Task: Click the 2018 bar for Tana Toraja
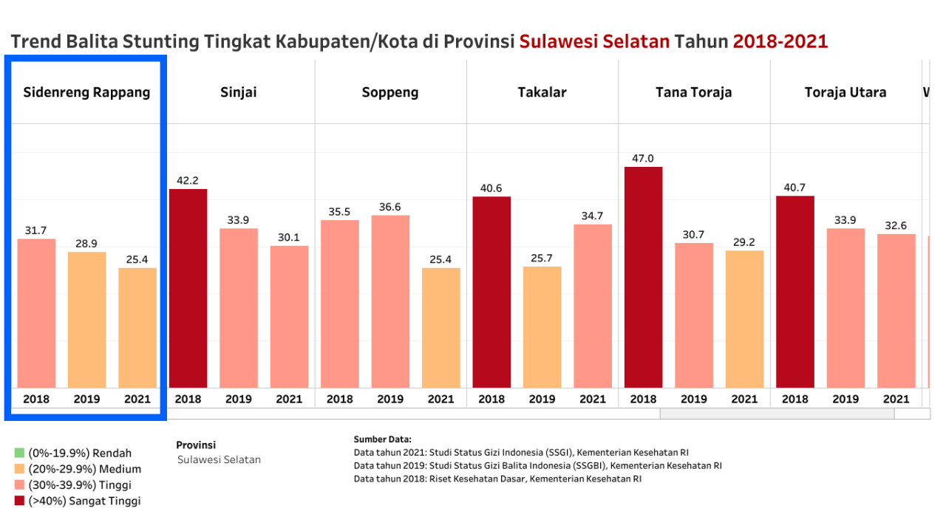(x=643, y=277)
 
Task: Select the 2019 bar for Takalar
(x=542, y=326)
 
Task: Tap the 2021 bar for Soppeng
(x=440, y=327)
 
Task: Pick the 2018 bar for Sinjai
(x=188, y=288)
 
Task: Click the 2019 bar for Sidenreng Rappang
(x=86, y=319)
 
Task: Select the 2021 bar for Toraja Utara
(x=896, y=310)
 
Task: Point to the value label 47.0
(x=643, y=158)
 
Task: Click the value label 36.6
(x=390, y=207)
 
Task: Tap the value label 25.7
(x=542, y=258)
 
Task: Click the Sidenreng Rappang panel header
(x=86, y=92)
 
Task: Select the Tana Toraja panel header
(x=693, y=92)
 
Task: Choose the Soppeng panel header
(x=390, y=92)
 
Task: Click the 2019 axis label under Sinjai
(x=238, y=399)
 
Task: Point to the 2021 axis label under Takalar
(x=592, y=399)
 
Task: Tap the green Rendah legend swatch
(x=19, y=453)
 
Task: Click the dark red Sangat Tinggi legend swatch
(x=19, y=501)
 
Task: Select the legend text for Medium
(x=84, y=469)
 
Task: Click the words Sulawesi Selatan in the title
(x=595, y=41)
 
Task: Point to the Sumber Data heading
(x=382, y=439)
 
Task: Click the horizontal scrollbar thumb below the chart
(x=776, y=414)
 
